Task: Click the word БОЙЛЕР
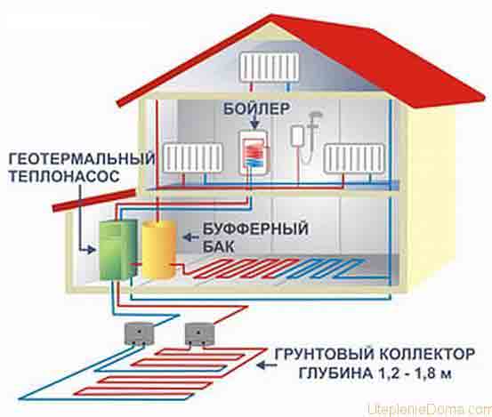(x=257, y=108)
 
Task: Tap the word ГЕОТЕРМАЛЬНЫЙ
(x=82, y=158)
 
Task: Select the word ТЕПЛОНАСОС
(x=64, y=176)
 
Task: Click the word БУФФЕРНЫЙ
(x=255, y=229)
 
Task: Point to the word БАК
(x=218, y=247)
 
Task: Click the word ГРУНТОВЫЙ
(x=325, y=354)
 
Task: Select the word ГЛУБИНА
(x=335, y=373)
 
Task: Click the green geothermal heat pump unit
(x=118, y=250)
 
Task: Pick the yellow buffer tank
(x=158, y=249)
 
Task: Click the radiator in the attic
(x=270, y=67)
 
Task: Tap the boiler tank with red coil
(x=254, y=152)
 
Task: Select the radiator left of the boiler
(x=193, y=157)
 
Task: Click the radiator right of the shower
(x=355, y=158)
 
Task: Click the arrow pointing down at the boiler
(x=255, y=122)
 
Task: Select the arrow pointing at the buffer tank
(x=190, y=237)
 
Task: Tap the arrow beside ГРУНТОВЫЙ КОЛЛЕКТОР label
(x=267, y=365)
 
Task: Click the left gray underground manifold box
(x=139, y=333)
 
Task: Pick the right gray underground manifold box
(x=199, y=333)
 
